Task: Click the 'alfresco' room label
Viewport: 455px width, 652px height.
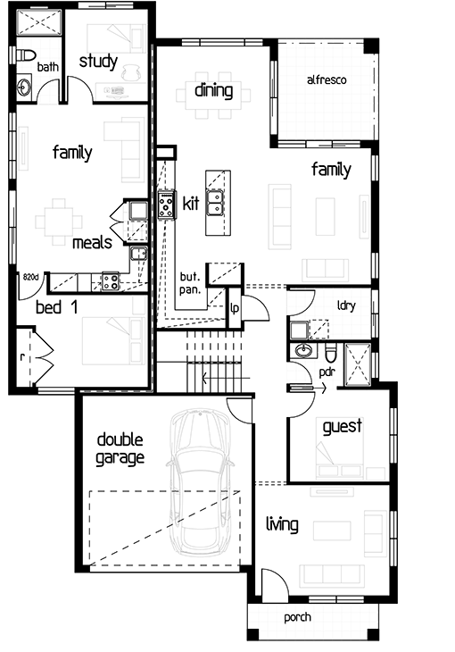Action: click(327, 79)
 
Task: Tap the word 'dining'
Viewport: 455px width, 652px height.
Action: click(213, 90)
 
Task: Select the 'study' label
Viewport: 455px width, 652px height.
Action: click(98, 62)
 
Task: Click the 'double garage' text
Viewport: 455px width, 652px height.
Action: click(120, 449)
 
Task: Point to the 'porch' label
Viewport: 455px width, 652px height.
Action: click(297, 618)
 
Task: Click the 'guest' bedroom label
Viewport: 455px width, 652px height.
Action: click(343, 427)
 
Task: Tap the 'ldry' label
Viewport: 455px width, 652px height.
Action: click(346, 306)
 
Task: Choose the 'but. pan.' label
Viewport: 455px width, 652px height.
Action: click(190, 283)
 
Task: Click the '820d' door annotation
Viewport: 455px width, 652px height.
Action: click(30, 277)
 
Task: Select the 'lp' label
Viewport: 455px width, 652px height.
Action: click(235, 308)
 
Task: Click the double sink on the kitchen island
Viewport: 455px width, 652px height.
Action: click(215, 203)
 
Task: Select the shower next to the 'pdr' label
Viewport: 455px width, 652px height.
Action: click(358, 364)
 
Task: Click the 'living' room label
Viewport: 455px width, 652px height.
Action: click(282, 524)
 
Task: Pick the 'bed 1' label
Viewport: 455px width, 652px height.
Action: click(56, 307)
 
